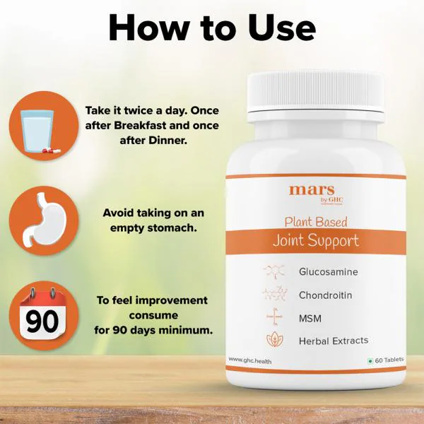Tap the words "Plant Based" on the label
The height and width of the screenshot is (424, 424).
316,221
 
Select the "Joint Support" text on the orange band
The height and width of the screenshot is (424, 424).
316,240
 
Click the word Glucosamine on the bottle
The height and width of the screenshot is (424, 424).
328,271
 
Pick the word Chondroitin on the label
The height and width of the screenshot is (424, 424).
325,295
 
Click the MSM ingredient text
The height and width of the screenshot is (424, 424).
310,317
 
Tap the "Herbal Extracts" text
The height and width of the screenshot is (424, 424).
333,341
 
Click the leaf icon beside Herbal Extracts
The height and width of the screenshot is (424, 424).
273,340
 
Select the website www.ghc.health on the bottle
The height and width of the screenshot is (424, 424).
250,360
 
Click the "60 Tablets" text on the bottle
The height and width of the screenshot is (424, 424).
389,360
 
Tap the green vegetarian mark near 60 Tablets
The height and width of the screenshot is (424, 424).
370,360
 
